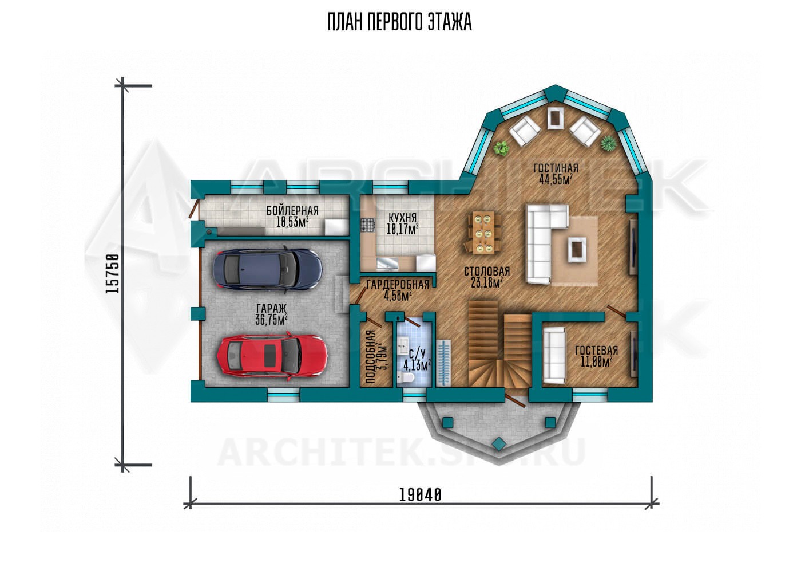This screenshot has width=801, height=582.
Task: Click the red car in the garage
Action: click(272, 356)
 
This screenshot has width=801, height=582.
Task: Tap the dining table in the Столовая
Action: click(483, 233)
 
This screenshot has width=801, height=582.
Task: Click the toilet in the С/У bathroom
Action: click(406, 377)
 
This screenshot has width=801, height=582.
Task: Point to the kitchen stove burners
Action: click(367, 225)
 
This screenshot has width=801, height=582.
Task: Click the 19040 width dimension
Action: click(420, 496)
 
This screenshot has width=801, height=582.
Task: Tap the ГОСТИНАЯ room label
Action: click(556, 168)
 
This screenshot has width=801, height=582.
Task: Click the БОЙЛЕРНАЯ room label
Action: click(292, 210)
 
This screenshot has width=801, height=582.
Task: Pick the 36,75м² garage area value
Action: click(271, 320)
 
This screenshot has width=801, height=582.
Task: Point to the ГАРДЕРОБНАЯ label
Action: click(398, 285)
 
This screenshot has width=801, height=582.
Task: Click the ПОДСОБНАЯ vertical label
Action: click(371, 357)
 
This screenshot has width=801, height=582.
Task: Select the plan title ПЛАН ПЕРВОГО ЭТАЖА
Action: click(400, 22)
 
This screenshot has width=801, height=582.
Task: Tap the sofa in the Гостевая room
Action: click(554, 356)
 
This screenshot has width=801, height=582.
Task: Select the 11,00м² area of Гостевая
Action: click(596, 362)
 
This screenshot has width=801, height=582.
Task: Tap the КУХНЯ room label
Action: click(403, 217)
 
